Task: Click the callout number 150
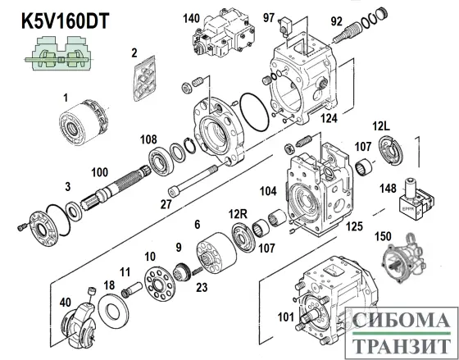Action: coord(382,237)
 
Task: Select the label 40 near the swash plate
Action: coord(65,302)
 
